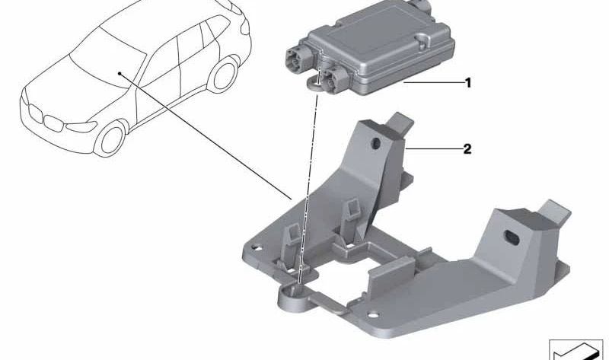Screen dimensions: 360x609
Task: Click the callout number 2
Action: click(x=467, y=149)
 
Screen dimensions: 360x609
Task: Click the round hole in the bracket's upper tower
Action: click(x=375, y=142)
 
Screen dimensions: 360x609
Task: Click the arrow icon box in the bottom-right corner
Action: click(x=576, y=349)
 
